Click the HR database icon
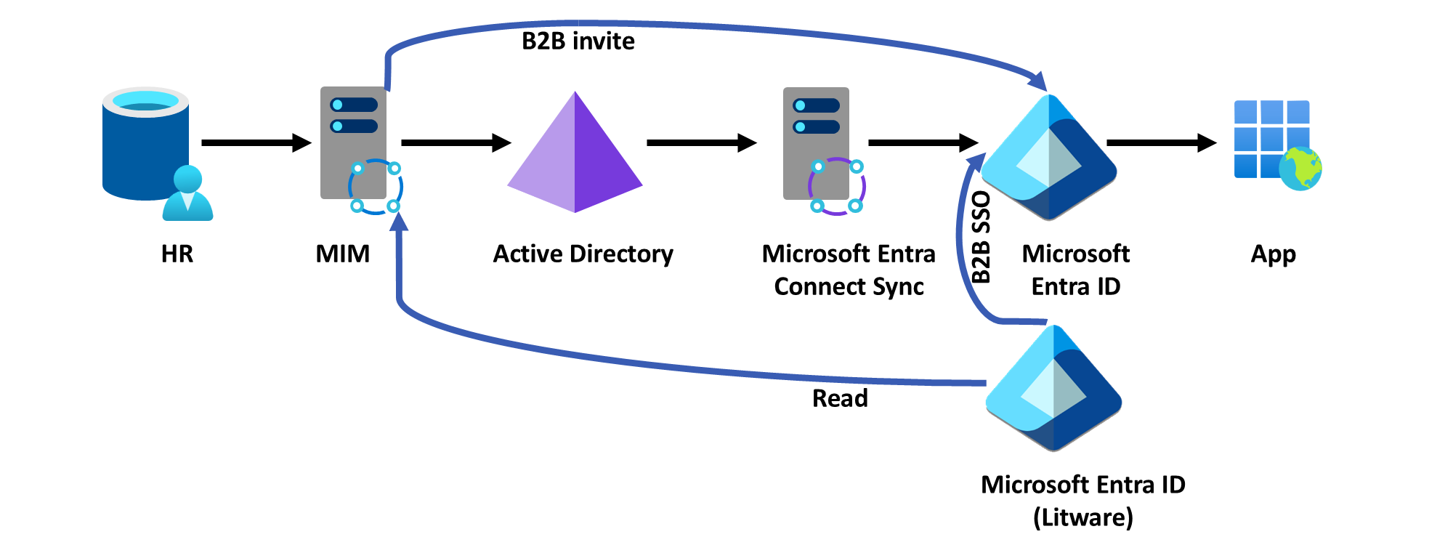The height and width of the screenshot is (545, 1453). click(x=145, y=145)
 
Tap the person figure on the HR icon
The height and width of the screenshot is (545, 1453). click(x=187, y=195)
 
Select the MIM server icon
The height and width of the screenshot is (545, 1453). click(x=354, y=144)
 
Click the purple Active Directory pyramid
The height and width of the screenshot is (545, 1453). click(x=575, y=154)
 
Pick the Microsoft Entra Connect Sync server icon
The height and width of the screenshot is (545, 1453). click(x=817, y=144)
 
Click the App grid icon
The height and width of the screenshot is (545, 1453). click(x=1271, y=138)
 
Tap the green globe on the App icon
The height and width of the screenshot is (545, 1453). click(x=1300, y=169)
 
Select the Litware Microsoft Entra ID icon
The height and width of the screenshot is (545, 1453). click(x=1053, y=389)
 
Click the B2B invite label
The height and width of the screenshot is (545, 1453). click(x=578, y=41)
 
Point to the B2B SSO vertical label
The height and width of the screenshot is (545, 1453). click(x=981, y=237)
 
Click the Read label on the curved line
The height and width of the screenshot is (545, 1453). click(x=840, y=398)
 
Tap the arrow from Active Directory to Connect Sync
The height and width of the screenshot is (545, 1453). click(x=701, y=142)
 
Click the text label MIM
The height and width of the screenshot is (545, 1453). click(x=343, y=254)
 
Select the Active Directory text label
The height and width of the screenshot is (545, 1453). click(x=583, y=254)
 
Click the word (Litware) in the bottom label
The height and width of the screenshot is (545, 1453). click(x=1082, y=517)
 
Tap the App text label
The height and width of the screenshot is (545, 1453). click(x=1273, y=254)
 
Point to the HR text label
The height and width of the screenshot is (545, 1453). click(x=177, y=254)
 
